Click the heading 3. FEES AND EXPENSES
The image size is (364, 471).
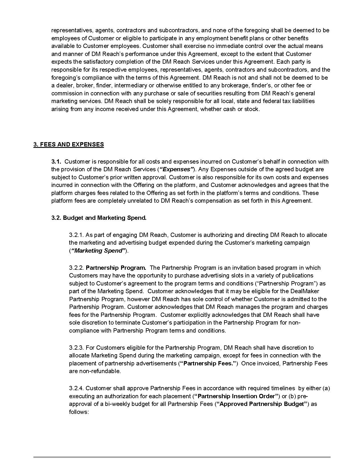pyautogui.click(x=69, y=144)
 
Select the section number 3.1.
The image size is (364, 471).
pyautogui.click(x=56, y=162)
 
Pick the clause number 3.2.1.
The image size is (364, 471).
pyautogui.click(x=76, y=235)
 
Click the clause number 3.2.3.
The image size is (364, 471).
pyautogui.click(x=76, y=348)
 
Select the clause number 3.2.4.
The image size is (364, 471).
pyautogui.click(x=76, y=388)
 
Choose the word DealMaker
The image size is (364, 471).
pyautogui.click(x=305, y=291)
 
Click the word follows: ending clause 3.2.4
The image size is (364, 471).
pyautogui.click(x=79, y=412)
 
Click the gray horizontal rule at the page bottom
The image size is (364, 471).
pyautogui.click(x=182, y=457)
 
